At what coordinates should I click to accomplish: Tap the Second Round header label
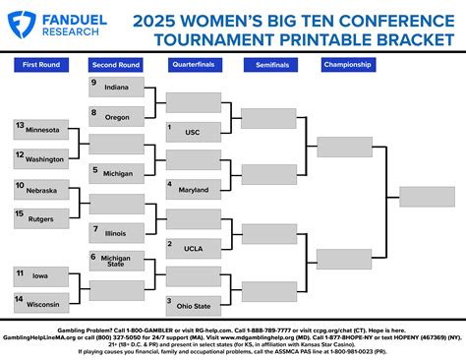pyautogui.click(x=116, y=65)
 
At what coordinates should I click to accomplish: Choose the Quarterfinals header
pyautogui.click(x=193, y=65)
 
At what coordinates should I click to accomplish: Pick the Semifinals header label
pyautogui.click(x=268, y=65)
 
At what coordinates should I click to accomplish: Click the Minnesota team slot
pyautogui.click(x=42, y=130)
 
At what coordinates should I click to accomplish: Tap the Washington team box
pyautogui.click(x=42, y=157)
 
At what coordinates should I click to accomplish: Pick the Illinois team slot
pyautogui.click(x=117, y=233)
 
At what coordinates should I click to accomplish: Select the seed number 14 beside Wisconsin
pyautogui.click(x=20, y=298)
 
